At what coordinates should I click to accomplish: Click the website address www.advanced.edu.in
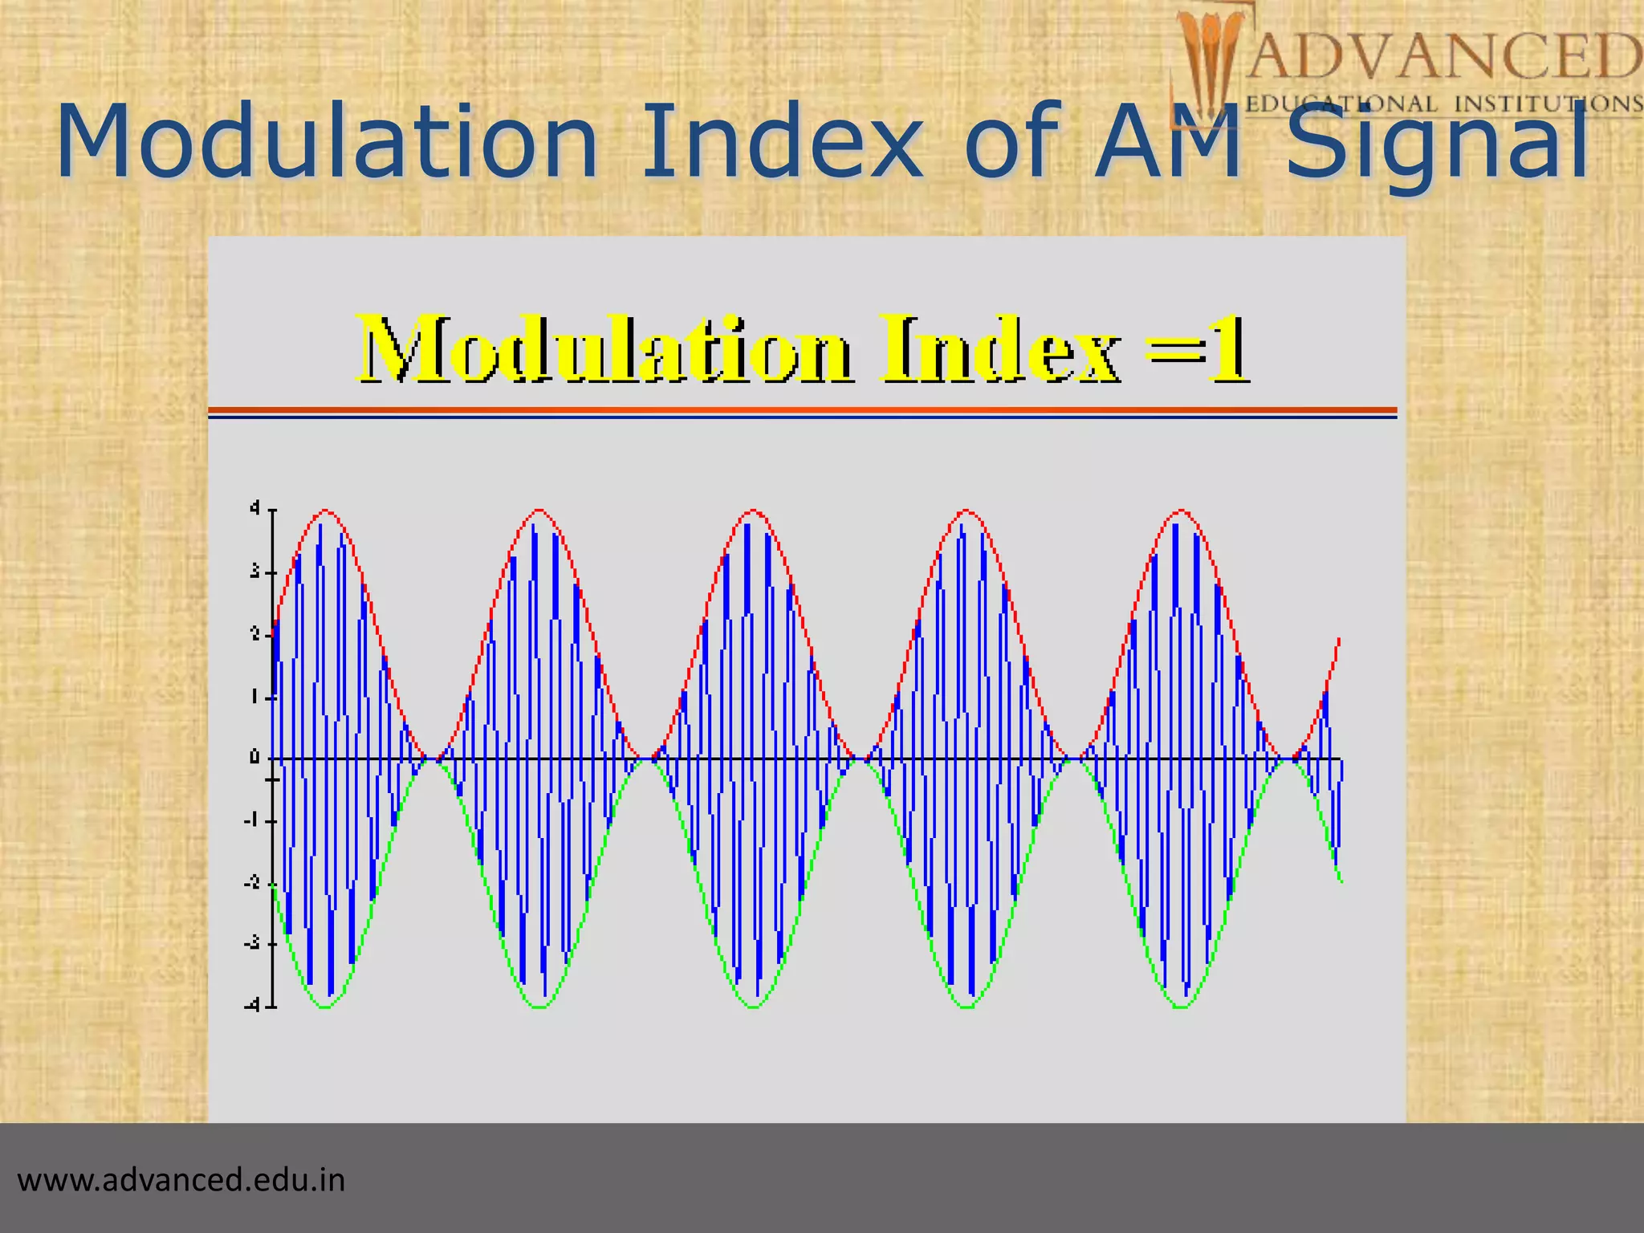(x=181, y=1181)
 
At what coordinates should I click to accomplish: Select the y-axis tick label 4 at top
(x=254, y=508)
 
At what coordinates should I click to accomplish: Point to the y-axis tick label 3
(x=254, y=572)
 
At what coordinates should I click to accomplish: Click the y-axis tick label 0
(x=254, y=758)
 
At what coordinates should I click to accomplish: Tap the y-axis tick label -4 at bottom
(x=253, y=1005)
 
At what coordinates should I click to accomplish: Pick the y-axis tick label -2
(x=253, y=882)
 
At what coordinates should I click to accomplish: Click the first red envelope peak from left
(x=325, y=511)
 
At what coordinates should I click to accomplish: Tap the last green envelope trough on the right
(x=1182, y=1007)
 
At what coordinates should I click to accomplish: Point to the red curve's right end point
(x=1339, y=639)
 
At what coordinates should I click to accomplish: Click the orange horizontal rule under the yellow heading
(x=803, y=410)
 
